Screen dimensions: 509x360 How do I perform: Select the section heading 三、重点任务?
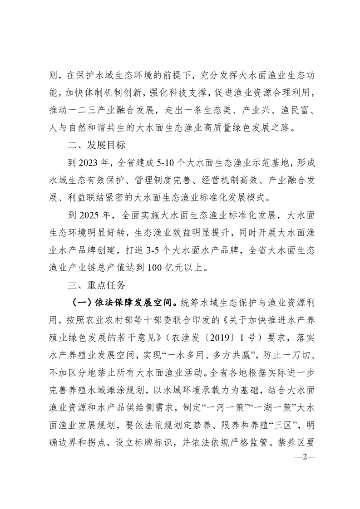click(94, 286)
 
